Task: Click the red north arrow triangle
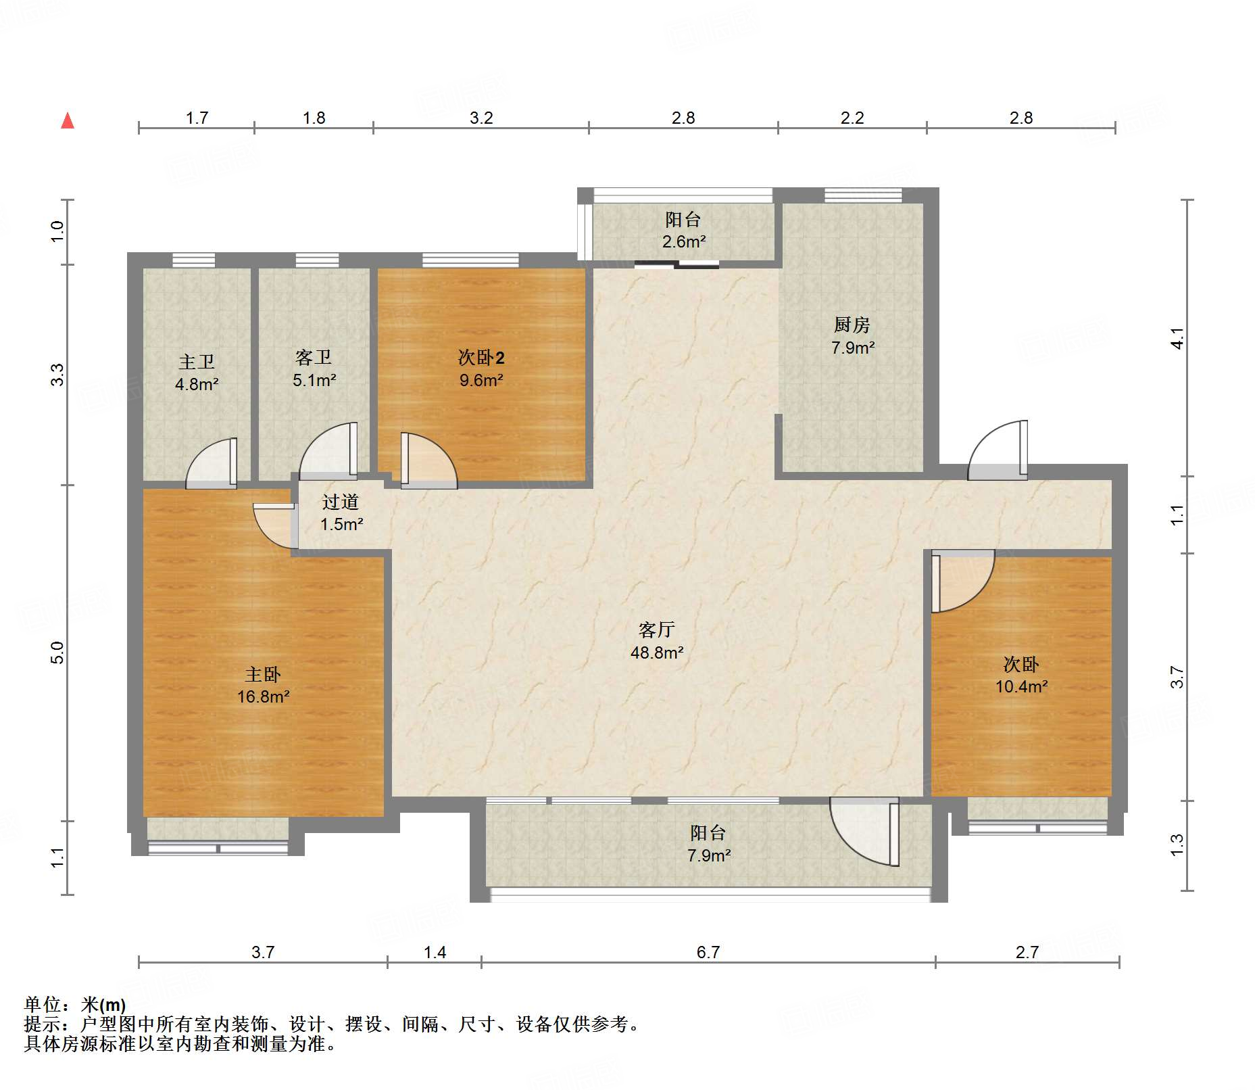tap(68, 120)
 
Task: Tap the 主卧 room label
tap(263, 674)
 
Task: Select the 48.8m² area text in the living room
tap(657, 653)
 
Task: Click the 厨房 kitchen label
tap(852, 325)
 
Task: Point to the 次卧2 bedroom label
tap(481, 358)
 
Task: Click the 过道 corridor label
tap(341, 502)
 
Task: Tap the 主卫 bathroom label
tap(197, 362)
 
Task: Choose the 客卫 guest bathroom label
tap(314, 357)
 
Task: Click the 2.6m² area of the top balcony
tap(684, 241)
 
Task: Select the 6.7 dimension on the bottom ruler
tap(708, 952)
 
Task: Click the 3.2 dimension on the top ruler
tap(481, 118)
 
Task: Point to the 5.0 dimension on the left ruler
tap(57, 653)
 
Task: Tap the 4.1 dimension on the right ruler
tap(1177, 338)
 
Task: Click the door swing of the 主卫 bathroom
tap(212, 463)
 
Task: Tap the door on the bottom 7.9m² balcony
tap(865, 832)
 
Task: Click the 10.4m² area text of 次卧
tap(1022, 686)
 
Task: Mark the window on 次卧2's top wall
tap(470, 260)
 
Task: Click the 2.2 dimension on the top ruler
tap(852, 118)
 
